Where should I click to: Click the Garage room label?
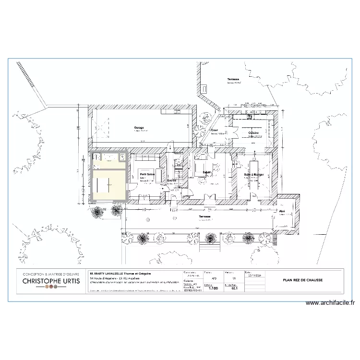point(139,128)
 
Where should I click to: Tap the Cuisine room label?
point(253,133)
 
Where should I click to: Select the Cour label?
point(215,130)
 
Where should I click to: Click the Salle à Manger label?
point(254,175)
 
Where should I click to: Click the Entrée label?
point(172,180)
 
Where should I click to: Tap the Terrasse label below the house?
point(207,217)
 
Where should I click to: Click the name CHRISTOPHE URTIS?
point(48,280)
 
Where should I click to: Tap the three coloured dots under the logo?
point(48,287)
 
